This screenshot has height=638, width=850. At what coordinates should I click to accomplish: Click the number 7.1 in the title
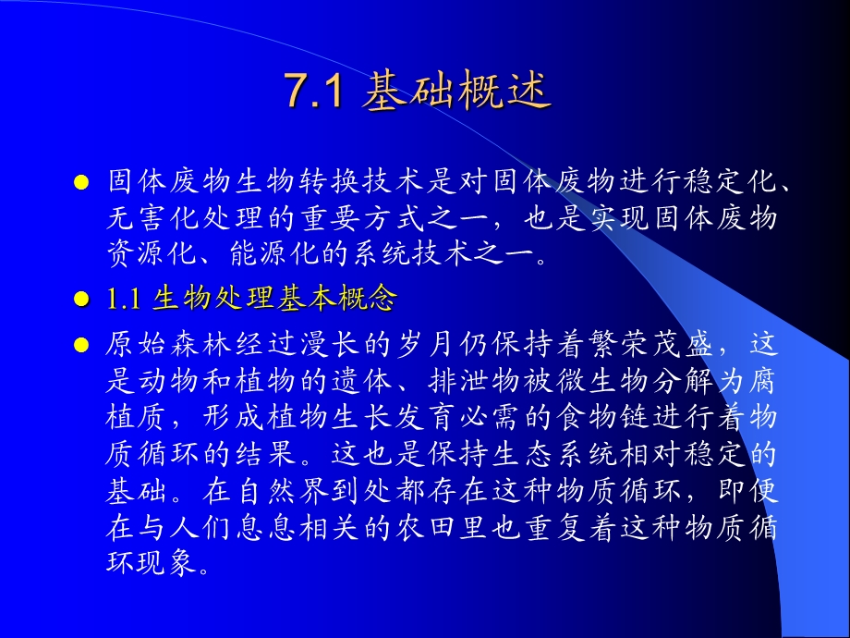pyautogui.click(x=314, y=93)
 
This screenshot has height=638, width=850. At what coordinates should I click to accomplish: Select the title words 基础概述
pyautogui.click(x=457, y=93)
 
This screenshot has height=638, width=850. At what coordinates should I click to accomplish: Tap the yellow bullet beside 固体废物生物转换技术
pyautogui.click(x=80, y=182)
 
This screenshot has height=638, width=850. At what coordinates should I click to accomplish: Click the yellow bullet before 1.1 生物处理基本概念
pyautogui.click(x=80, y=300)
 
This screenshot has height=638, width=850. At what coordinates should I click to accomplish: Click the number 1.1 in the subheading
pyautogui.click(x=122, y=299)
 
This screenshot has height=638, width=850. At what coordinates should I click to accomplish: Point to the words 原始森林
pyautogui.click(x=164, y=346)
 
